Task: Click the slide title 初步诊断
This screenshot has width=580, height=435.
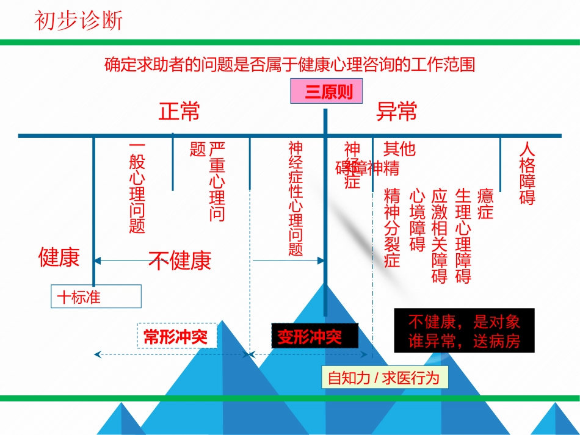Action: tap(79, 21)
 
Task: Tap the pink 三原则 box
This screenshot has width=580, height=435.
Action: tap(325, 93)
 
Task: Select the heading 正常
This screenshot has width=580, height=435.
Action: tap(179, 112)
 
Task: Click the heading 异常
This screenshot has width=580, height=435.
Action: tap(397, 112)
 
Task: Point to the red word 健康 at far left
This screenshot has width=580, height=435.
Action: tap(59, 257)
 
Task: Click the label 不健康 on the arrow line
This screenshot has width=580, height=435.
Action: tap(180, 261)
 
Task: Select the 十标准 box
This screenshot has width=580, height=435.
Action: tap(96, 297)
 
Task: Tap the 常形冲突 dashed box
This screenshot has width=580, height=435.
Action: tap(176, 336)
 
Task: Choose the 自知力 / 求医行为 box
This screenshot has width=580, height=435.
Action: tap(383, 378)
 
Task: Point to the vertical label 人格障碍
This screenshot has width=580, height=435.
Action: tap(527, 173)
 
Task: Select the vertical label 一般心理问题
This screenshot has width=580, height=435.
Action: tap(137, 188)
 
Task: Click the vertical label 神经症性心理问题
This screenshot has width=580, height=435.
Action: tap(295, 198)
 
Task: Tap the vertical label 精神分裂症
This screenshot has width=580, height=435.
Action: tap(392, 228)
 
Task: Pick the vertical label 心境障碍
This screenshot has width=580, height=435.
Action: tap(417, 220)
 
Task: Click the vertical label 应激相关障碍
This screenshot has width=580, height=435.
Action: tap(440, 235)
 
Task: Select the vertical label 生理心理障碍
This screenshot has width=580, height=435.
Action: tap(463, 235)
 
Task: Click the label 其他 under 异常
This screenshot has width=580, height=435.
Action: tap(399, 148)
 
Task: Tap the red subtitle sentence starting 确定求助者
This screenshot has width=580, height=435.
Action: tap(290, 64)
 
